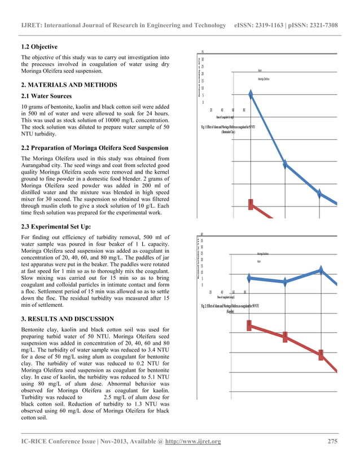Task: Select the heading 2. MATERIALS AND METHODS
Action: (x=69, y=85)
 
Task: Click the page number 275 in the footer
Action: (x=333, y=441)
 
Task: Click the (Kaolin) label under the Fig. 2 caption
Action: (x=230, y=311)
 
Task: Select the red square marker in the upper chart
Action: (x=251, y=203)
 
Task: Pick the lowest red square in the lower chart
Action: (x=321, y=354)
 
